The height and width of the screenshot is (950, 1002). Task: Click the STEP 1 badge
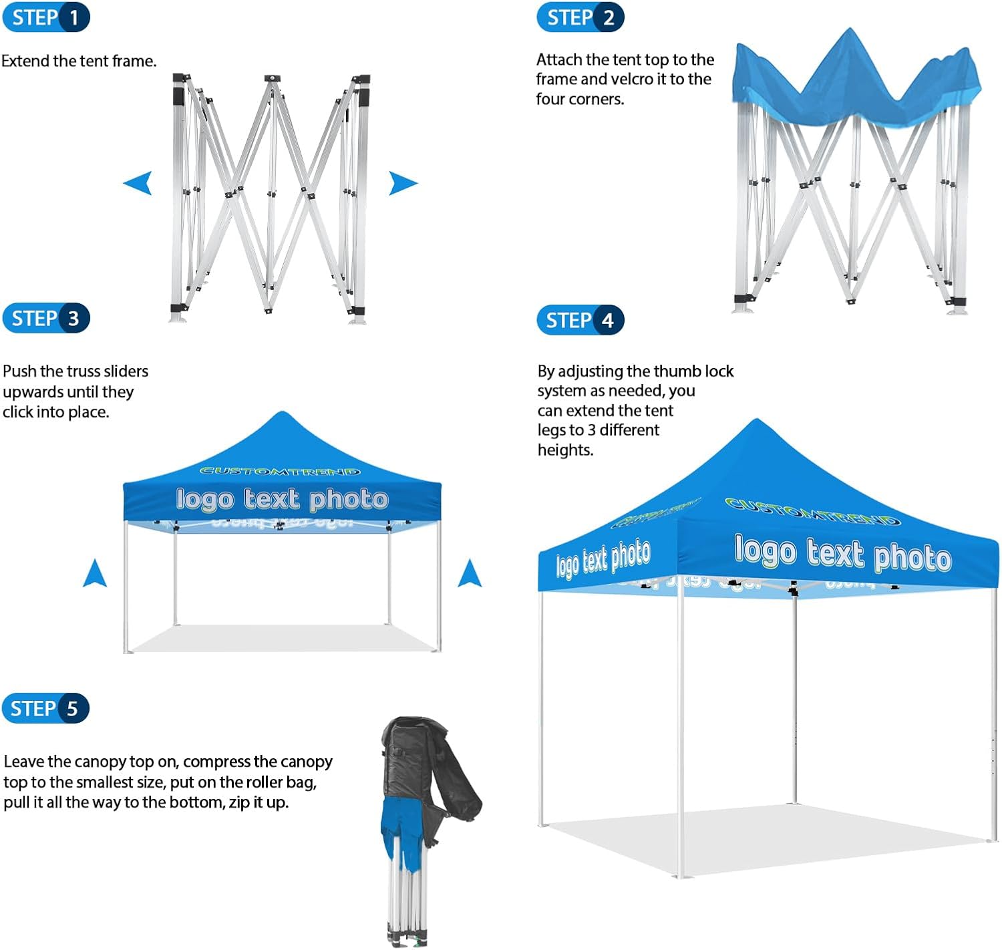pos(45,17)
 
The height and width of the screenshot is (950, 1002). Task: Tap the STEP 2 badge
pos(580,17)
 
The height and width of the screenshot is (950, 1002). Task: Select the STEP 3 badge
pos(45,318)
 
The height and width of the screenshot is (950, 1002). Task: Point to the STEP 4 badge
pos(580,320)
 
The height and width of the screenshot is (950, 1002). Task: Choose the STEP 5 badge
pos(45,708)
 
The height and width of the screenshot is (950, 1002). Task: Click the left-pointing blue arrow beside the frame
pos(138,182)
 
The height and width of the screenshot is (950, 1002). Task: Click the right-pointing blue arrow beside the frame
pos(403,182)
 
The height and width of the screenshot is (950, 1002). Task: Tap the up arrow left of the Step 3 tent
pos(95,573)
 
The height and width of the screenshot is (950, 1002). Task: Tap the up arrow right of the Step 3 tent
pos(470,573)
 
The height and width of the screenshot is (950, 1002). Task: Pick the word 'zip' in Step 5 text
pos(239,802)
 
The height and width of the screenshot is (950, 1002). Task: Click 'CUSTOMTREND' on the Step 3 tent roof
pos(281,471)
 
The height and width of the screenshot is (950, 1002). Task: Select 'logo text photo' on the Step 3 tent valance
pos(282,499)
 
